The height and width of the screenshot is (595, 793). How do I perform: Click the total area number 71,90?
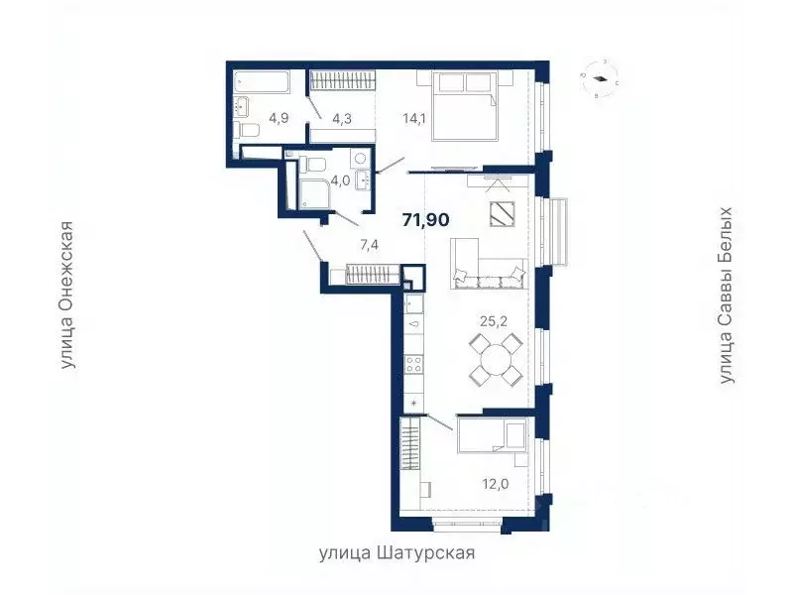click(x=422, y=219)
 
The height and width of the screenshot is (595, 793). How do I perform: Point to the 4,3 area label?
click(x=342, y=118)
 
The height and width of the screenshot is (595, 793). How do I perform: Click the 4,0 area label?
click(x=340, y=180)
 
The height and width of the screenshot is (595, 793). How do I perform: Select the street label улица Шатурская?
click(x=396, y=553)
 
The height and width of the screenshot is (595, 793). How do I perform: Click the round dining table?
click(x=495, y=359)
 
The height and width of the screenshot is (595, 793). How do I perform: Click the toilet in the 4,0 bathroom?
click(x=314, y=166)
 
